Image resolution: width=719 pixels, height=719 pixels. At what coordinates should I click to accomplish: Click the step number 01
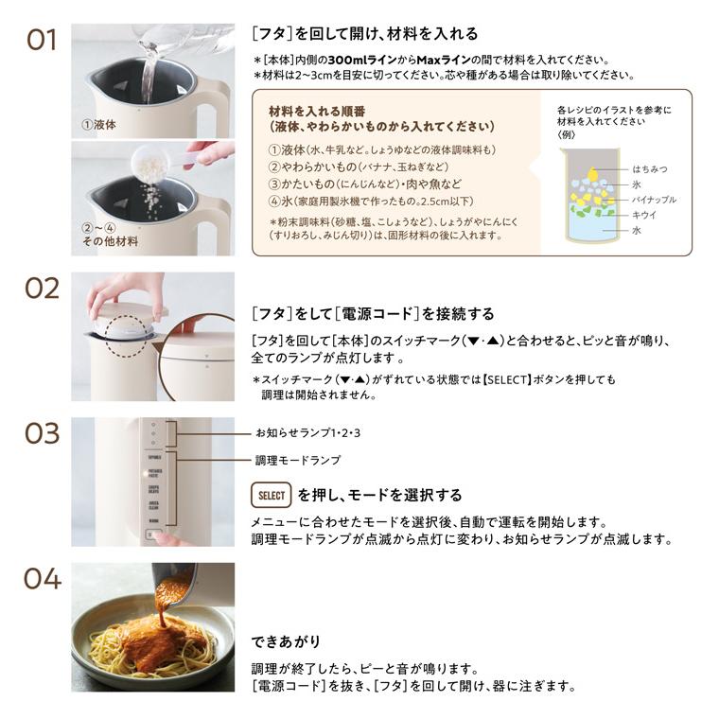click(42, 42)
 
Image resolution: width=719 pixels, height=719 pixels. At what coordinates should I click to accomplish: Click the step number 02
click(42, 289)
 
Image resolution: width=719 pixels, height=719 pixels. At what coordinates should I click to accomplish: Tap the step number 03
click(42, 434)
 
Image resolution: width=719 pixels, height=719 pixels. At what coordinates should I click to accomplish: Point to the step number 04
click(42, 578)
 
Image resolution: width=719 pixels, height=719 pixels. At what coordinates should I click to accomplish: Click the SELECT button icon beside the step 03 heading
click(271, 495)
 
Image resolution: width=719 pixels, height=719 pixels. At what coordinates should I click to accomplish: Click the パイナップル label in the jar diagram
click(655, 200)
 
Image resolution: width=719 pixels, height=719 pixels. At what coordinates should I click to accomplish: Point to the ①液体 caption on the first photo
click(98, 124)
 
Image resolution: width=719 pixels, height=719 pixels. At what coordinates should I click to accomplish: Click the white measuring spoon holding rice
click(150, 164)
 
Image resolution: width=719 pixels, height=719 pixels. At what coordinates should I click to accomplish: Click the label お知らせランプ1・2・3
click(310, 432)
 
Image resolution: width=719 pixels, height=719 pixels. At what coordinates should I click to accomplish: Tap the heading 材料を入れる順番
click(319, 110)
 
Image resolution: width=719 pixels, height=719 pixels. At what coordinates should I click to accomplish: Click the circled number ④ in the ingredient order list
click(274, 201)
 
